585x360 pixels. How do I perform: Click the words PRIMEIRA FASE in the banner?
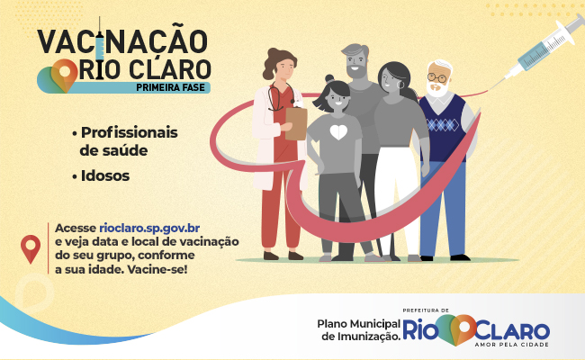pyautogui.click(x=170, y=87)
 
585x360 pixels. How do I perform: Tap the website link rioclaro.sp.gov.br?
pyautogui.click(x=149, y=229)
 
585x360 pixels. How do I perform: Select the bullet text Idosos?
pyautogui.click(x=105, y=176)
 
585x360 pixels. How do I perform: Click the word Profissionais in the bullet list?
pyautogui.click(x=129, y=132)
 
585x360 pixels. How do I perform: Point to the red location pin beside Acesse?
pyautogui.click(x=31, y=248)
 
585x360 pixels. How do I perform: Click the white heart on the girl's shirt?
pyautogui.click(x=338, y=132)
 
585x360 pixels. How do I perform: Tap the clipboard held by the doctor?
pyautogui.click(x=296, y=123)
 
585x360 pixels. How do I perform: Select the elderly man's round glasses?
pyautogui.click(x=436, y=78)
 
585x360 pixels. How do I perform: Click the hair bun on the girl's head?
pyautogui.click(x=329, y=78)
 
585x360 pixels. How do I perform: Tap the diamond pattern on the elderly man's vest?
pyautogui.click(x=443, y=125)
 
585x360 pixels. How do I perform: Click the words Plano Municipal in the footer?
pyautogui.click(x=358, y=323)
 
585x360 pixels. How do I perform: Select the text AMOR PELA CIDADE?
pyautogui.click(x=511, y=345)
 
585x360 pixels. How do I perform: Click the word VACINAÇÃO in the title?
pyautogui.click(x=122, y=41)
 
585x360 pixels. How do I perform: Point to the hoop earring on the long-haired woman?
pyautogui.click(x=401, y=85)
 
